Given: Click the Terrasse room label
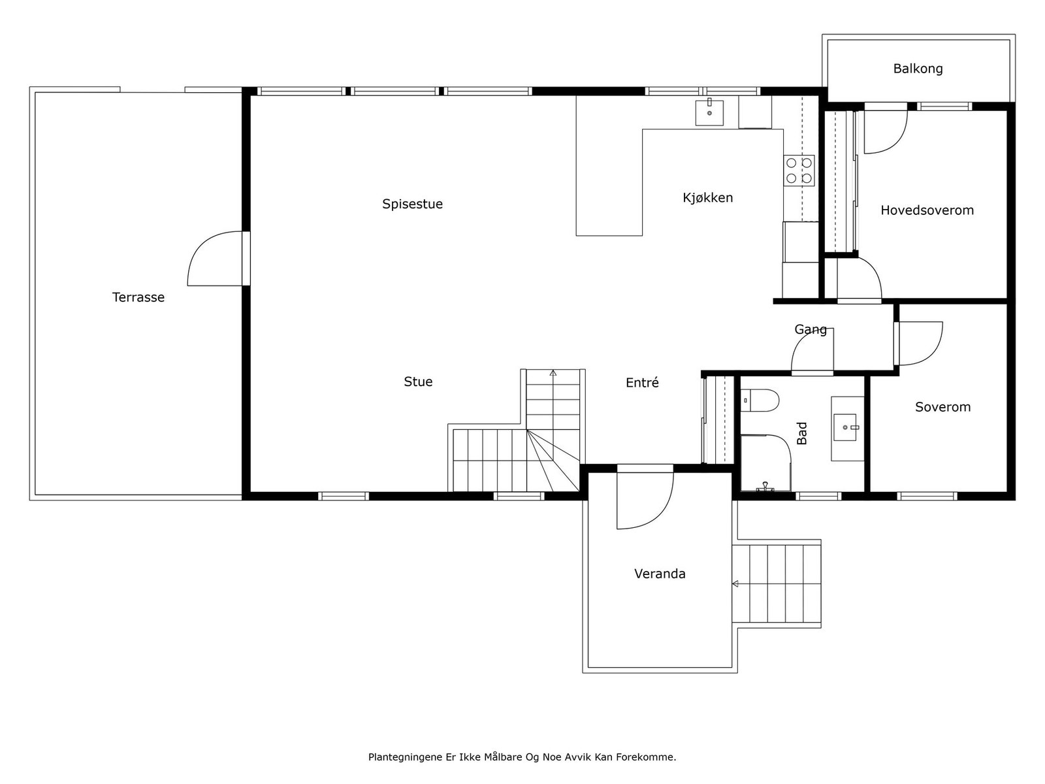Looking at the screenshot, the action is pos(138,297).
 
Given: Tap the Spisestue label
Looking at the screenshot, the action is pos(412,204).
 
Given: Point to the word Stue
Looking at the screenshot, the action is pos(418,382).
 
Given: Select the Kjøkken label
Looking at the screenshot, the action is pos(707,197).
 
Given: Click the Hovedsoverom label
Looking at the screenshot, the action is pos(927,210).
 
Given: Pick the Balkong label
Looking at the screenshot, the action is pos(918,69).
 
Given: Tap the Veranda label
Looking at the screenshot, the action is pos(660,574).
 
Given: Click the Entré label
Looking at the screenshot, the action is pos(642,382).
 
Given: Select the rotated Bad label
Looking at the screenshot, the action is pos(802,433).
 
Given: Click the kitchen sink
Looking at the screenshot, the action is pos(709,112).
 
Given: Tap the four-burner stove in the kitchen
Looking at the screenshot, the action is pos(799,171).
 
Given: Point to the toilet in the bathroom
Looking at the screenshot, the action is pos(760,400).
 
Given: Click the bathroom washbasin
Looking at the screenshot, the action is pos(845,427).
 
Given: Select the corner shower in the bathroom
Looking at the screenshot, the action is pos(765,463).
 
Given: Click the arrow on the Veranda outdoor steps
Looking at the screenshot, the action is pos(735,584).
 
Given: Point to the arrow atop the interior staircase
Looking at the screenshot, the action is pos(553,372).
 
